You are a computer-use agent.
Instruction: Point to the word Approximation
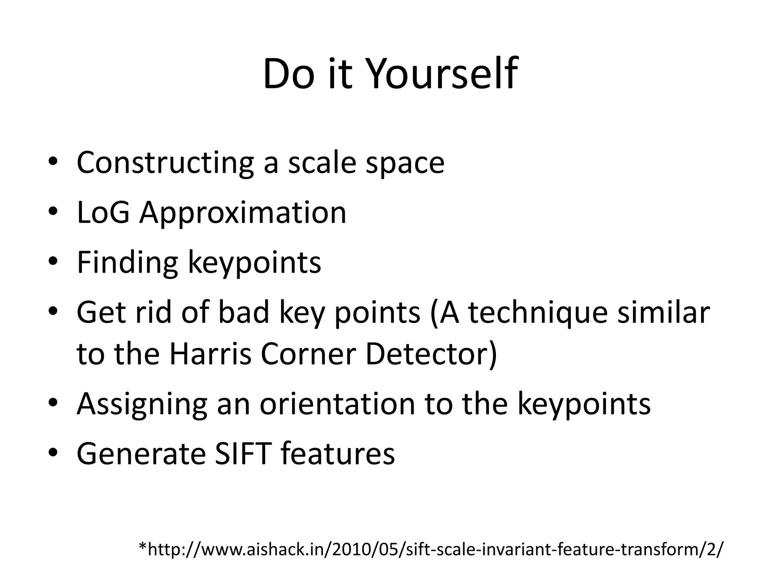(243, 213)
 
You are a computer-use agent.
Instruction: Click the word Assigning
(142, 404)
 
